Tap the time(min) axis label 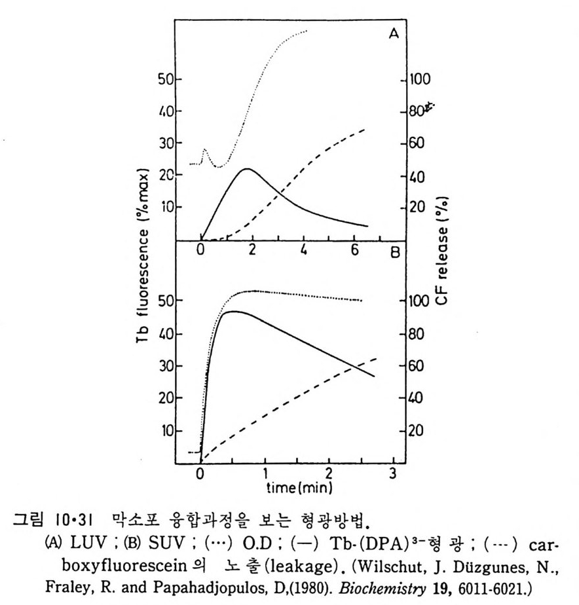click(297, 488)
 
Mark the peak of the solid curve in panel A click(246, 169)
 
